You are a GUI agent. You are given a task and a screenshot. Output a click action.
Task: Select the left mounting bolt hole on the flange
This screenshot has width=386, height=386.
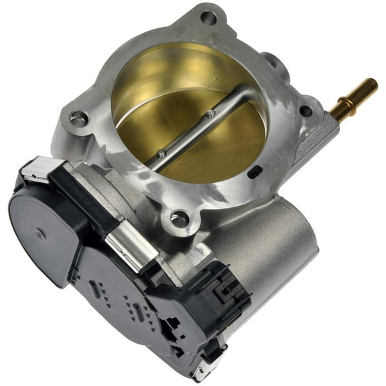click(x=78, y=120)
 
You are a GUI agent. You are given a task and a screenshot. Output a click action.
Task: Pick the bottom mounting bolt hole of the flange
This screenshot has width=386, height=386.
click(x=179, y=217)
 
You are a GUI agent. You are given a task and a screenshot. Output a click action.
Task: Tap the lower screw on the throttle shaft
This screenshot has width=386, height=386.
click(x=161, y=153)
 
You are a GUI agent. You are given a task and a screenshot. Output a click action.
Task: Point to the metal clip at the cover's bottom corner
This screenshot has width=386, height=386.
click(x=202, y=370)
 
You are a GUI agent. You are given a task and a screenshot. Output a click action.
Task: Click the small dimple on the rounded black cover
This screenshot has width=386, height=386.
click(x=42, y=235)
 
